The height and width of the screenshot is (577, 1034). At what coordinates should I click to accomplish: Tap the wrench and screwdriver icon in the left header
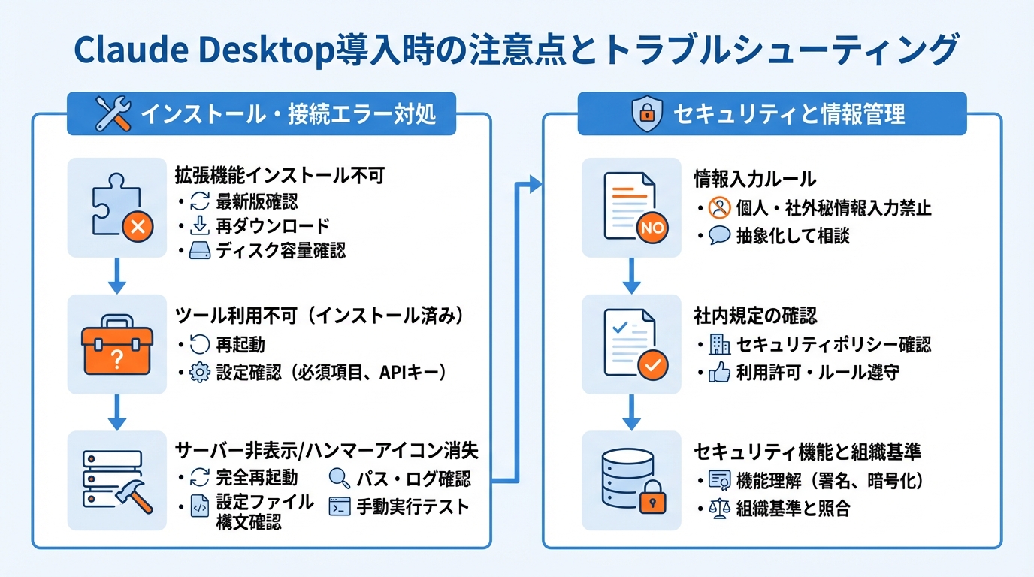[114, 114]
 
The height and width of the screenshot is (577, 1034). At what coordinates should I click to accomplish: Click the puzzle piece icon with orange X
[120, 207]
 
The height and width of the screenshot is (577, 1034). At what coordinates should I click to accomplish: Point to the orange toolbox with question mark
[116, 345]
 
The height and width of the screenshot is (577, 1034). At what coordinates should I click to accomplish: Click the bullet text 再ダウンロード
[272, 226]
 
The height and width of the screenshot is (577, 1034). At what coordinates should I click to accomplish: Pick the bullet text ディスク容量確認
[281, 250]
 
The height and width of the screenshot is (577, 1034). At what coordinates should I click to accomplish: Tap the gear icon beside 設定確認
[199, 372]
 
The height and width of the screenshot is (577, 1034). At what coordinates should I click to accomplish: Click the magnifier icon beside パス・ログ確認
[340, 479]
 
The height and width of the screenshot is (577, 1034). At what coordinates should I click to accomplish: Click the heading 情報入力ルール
[754, 179]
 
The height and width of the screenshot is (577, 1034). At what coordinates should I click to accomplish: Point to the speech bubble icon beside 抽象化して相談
[719, 235]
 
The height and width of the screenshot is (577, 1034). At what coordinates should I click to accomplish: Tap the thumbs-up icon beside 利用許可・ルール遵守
[719, 373]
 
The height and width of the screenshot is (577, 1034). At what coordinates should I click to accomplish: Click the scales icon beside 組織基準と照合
[719, 509]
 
